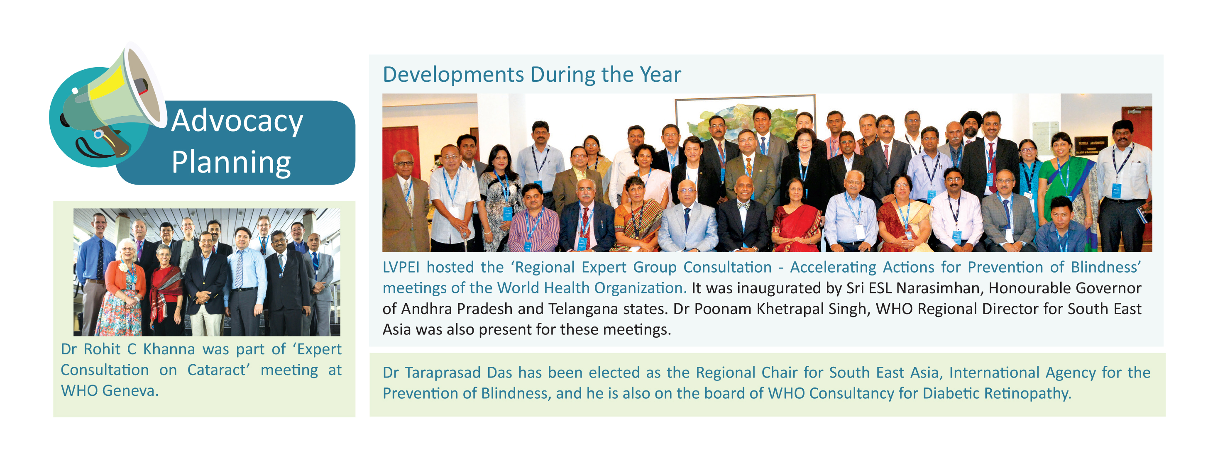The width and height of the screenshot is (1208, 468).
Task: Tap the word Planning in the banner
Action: point(231,163)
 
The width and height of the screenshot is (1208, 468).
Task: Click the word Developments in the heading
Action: point(453,75)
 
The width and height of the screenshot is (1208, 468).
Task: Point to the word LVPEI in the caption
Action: point(401,267)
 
